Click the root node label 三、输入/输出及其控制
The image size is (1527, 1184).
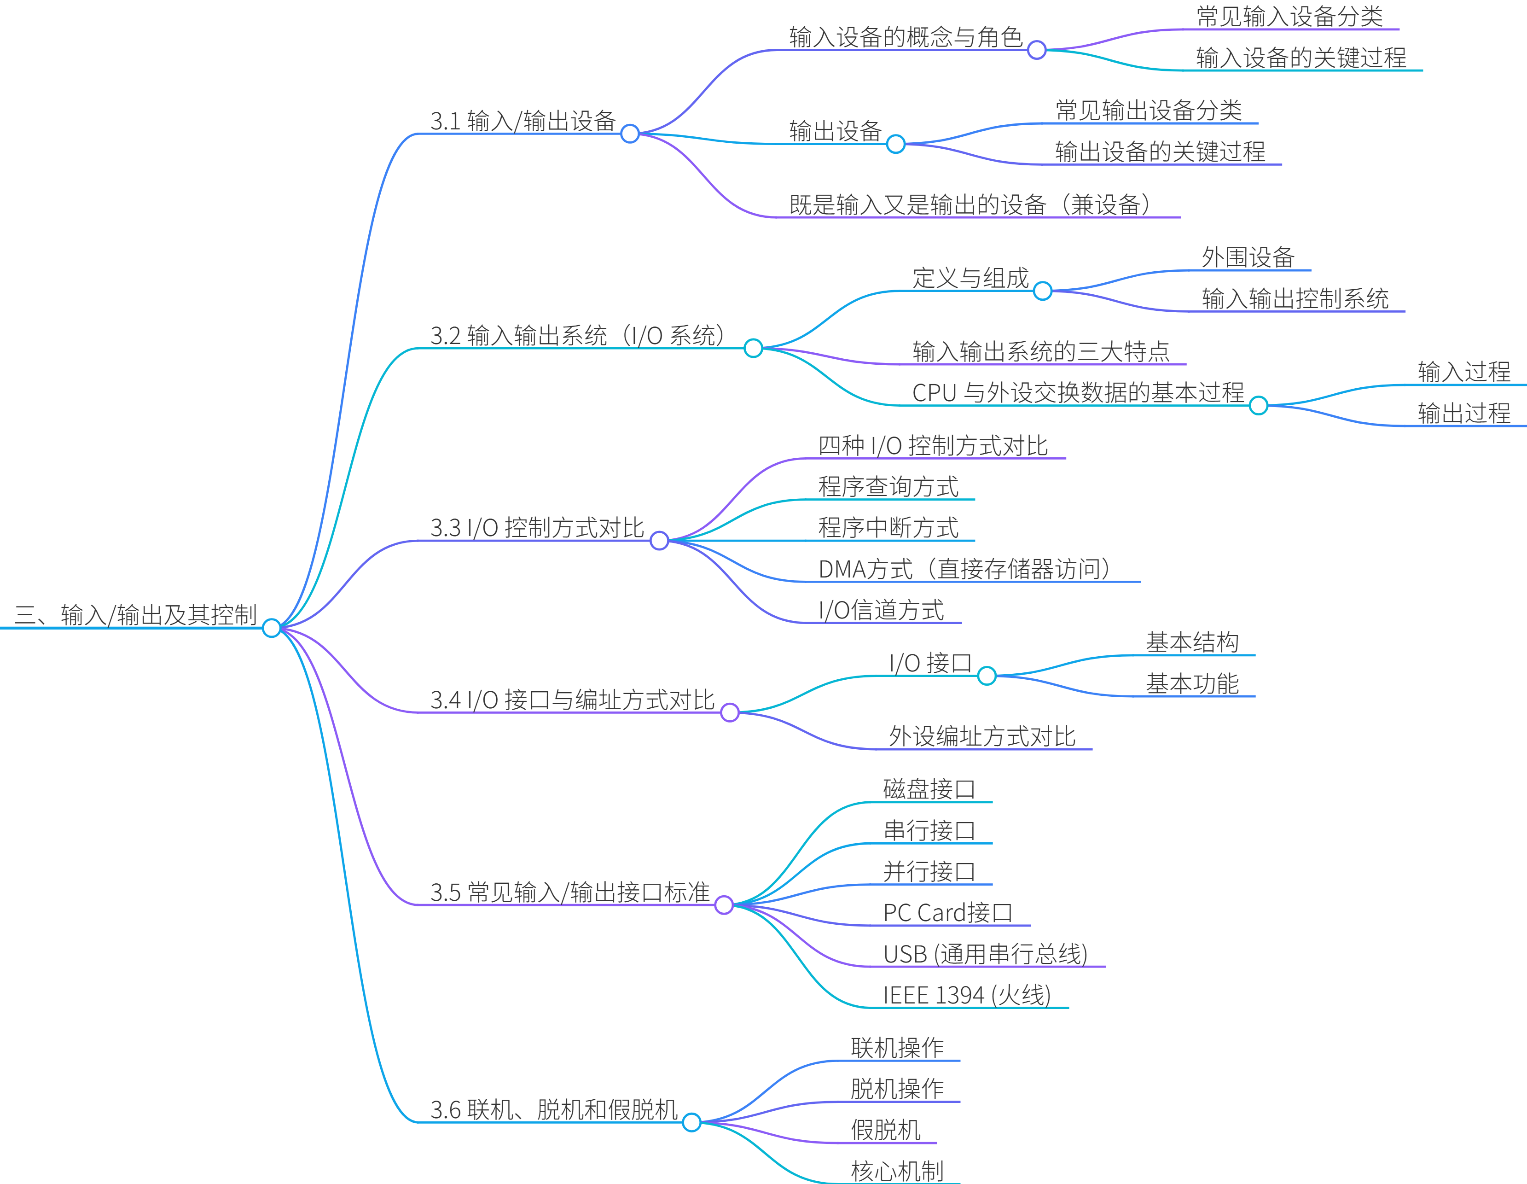(x=136, y=615)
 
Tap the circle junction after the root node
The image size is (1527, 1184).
(x=271, y=628)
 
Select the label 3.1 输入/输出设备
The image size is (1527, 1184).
(x=523, y=121)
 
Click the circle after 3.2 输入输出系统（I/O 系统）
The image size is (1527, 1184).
(x=753, y=348)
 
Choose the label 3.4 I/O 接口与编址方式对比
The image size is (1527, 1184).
(x=572, y=700)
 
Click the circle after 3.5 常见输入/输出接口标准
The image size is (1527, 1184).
(x=724, y=905)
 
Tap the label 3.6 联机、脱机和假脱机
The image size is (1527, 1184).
(x=554, y=1109)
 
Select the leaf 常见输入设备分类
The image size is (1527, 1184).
(x=1289, y=17)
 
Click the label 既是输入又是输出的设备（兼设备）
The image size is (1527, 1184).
(x=971, y=204)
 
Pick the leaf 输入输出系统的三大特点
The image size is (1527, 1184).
(x=1040, y=351)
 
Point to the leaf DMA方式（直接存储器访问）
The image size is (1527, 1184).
(x=965, y=569)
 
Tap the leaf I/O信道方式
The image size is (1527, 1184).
(x=881, y=610)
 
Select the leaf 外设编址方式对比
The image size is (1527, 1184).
(x=981, y=736)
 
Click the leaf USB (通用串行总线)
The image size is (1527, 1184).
(x=985, y=954)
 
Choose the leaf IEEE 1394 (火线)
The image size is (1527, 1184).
(x=967, y=994)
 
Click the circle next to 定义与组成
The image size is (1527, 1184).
(x=1042, y=291)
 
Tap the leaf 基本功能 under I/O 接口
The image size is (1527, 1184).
(x=1192, y=683)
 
